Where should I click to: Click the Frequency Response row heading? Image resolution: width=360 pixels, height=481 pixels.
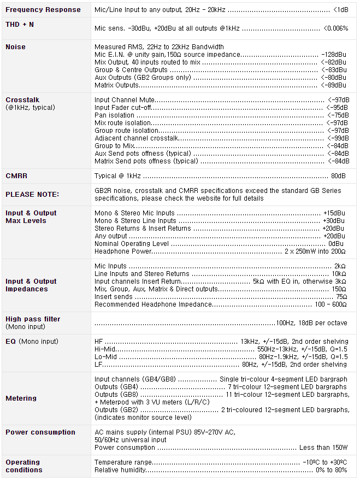[x=43, y=10]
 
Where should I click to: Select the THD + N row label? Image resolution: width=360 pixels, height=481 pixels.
[x=20, y=25]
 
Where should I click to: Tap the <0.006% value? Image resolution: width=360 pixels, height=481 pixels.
[x=335, y=28]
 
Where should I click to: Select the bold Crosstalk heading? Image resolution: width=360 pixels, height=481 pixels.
[x=22, y=100]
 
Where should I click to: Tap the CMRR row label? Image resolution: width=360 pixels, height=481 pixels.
[x=16, y=176]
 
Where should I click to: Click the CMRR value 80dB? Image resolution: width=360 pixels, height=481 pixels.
[x=338, y=176]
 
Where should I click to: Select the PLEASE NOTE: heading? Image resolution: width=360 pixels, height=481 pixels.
[x=32, y=195]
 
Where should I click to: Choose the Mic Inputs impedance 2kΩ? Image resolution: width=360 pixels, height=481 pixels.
[x=340, y=266]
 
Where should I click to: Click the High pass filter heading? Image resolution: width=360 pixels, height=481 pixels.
[x=33, y=319]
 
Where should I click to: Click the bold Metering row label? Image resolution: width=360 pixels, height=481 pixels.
[x=21, y=398]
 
